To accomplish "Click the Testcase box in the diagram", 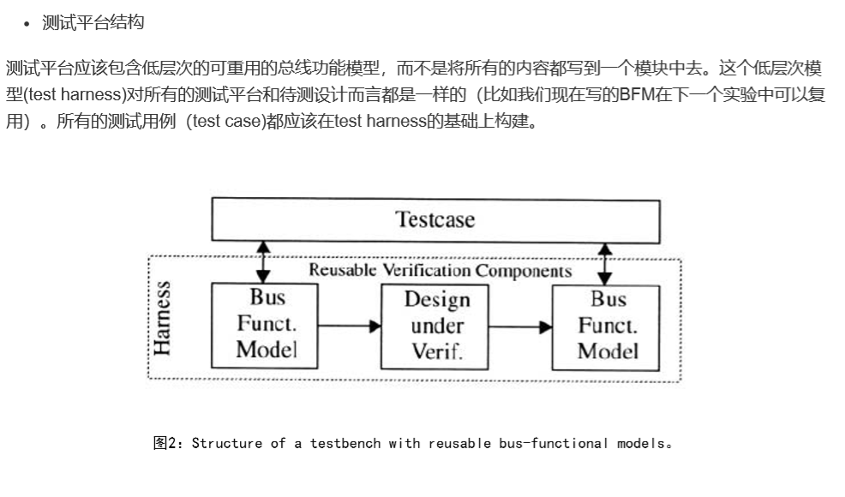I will pos(435,219).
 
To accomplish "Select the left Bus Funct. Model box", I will pos(266,325).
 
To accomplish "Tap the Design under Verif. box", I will pos(436,326).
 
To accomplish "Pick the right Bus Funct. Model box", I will pos(607,326).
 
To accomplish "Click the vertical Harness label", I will pos(162,318).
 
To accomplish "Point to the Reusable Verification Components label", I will pos(440,271).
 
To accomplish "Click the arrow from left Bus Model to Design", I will pos(349,326).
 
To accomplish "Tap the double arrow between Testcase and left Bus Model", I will pos(263,261).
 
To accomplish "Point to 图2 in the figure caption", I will pos(164,443).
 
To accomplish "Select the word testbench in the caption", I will pos(345,443).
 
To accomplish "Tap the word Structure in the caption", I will pos(227,443).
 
